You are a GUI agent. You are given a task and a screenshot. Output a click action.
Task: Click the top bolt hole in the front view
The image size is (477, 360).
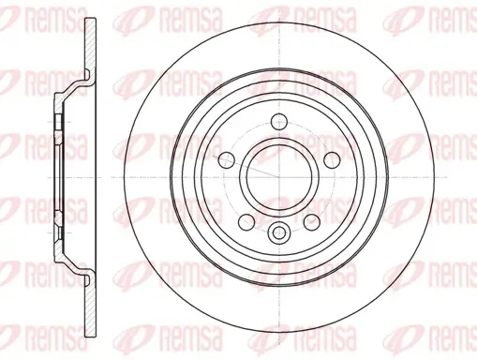pyautogui.click(x=279, y=122)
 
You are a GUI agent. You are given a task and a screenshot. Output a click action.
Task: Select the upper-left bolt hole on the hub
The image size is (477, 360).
pyautogui.click(x=226, y=160)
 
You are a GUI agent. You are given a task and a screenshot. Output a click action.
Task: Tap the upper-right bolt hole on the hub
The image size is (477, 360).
pyautogui.click(x=332, y=160)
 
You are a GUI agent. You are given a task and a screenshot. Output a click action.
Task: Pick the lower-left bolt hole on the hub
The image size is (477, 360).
pyautogui.click(x=246, y=222)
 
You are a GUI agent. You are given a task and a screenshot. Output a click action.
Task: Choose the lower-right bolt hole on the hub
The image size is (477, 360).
pyautogui.click(x=312, y=222)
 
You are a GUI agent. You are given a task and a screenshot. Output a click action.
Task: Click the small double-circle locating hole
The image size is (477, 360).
pyautogui.click(x=279, y=232)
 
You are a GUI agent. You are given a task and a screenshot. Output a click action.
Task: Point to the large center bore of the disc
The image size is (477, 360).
pyautogui.click(x=279, y=177)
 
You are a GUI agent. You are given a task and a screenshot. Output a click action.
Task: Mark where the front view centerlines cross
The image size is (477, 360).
pyautogui.click(x=279, y=177)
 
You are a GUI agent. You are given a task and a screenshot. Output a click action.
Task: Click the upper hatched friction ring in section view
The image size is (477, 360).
pyautogui.click(x=91, y=45)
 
